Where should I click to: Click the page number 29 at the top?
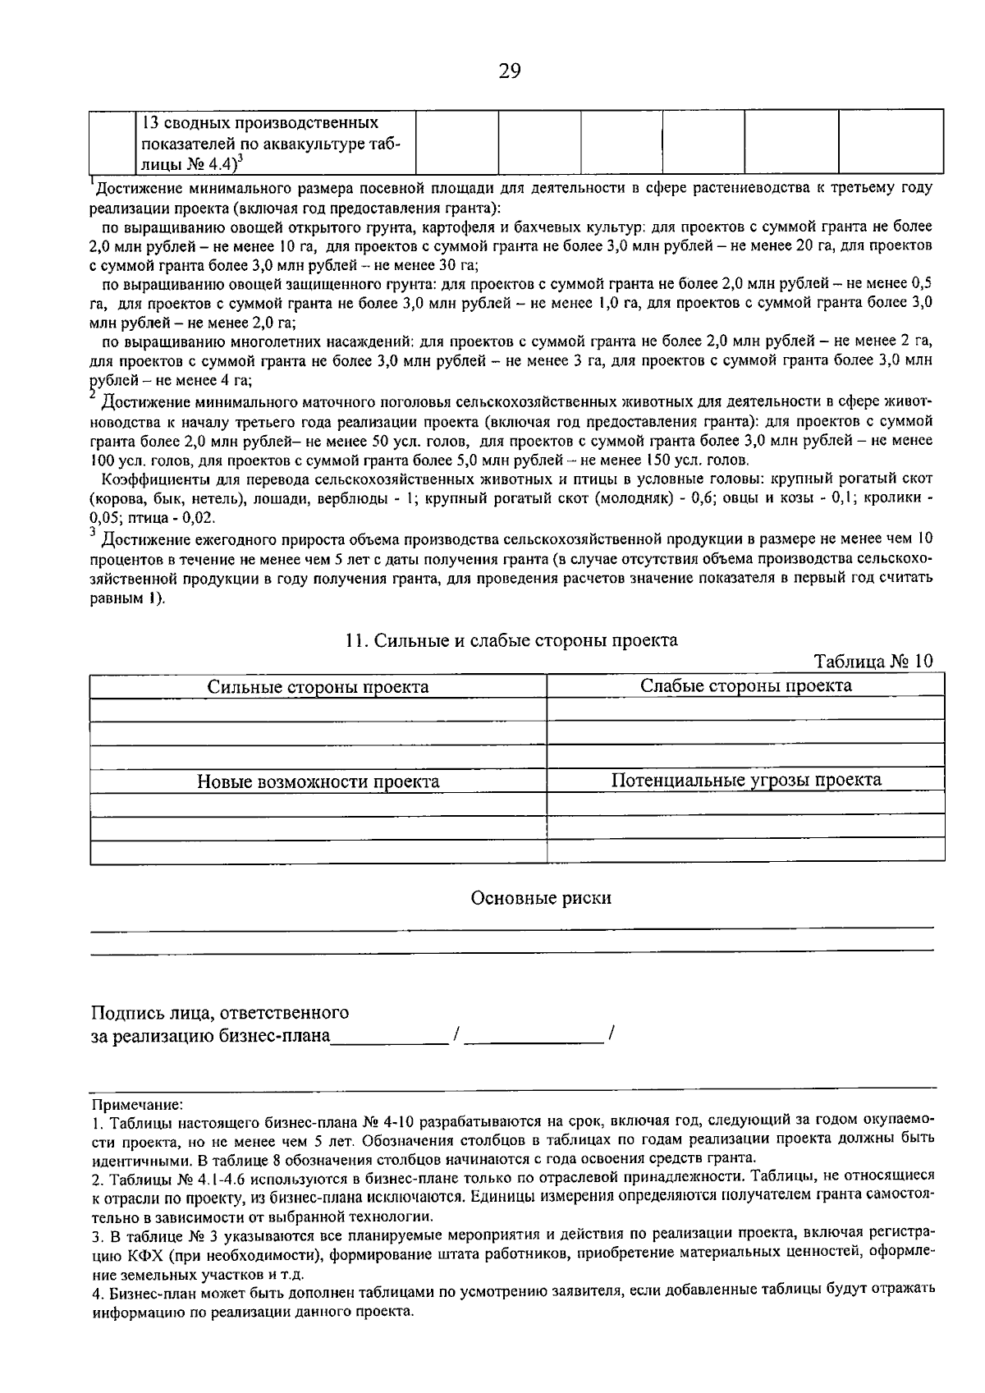click(x=509, y=71)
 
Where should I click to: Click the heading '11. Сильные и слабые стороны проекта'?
click(x=512, y=640)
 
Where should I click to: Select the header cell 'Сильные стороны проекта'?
click(x=318, y=687)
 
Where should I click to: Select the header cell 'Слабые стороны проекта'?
click(x=745, y=685)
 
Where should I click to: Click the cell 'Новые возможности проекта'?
click(x=318, y=781)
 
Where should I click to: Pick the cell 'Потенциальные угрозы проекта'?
click(x=745, y=780)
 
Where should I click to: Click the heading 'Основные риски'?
click(x=541, y=898)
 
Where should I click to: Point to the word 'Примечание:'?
click(x=137, y=1106)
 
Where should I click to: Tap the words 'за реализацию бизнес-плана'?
click(x=210, y=1036)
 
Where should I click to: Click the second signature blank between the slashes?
click(x=534, y=1038)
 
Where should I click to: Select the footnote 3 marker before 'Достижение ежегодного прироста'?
click(x=92, y=532)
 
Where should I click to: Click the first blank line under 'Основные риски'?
click(x=511, y=928)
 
